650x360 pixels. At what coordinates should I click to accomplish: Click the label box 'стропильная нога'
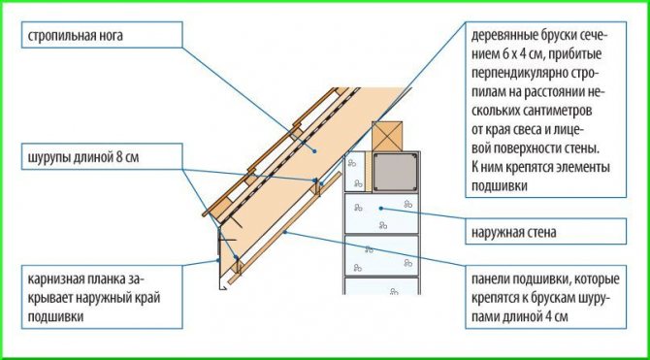102,34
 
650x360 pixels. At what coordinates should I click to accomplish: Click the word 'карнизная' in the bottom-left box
54,279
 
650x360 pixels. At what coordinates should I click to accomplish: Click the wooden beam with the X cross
387,136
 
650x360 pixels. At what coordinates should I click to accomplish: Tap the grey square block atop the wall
395,172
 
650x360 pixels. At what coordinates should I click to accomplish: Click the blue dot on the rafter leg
314,151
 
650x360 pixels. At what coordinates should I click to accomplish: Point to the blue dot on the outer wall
381,209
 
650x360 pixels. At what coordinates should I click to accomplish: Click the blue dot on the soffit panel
285,232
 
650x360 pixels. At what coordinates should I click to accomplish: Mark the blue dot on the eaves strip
218,260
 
